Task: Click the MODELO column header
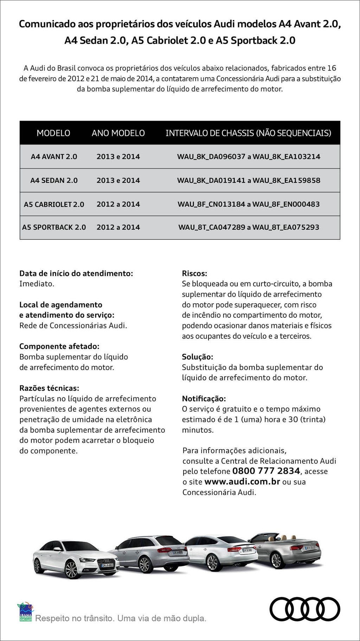coord(53,133)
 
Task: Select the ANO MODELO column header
coord(118,133)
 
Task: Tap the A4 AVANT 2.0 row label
coord(54,157)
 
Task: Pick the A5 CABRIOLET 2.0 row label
coord(54,204)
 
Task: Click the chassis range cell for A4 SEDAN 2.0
coord(249,181)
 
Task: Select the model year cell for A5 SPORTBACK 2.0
coord(118,227)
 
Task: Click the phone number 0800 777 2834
coord(266,471)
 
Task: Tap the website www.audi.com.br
coord(242,481)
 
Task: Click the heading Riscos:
coord(194,273)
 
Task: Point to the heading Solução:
coord(198,357)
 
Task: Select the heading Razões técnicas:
coord(49,388)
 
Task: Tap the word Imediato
coord(37,284)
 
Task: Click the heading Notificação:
coord(204,399)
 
